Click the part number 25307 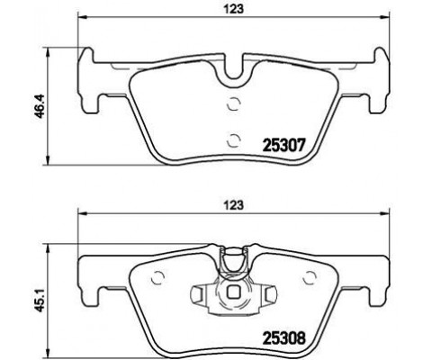[283, 146]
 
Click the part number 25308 [283, 338]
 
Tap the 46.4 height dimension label [40, 106]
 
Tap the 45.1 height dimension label [40, 300]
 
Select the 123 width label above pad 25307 [234, 9]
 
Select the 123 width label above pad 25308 [234, 205]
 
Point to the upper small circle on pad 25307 [234, 103]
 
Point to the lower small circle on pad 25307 [234, 140]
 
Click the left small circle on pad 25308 [157, 278]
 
